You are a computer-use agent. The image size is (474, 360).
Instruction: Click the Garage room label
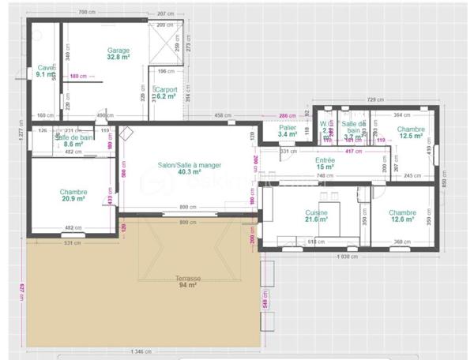coord(118,51)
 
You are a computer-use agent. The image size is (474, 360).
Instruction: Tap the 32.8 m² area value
coord(118,58)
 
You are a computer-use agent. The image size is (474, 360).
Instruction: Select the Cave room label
coord(46,68)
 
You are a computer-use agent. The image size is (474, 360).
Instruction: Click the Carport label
coord(167,90)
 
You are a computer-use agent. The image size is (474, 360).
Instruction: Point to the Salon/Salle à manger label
coord(189,165)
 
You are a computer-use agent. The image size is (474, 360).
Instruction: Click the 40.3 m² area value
coord(190,172)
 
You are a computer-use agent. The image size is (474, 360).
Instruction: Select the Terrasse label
coord(188,279)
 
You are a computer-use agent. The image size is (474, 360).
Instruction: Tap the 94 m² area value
coord(188,286)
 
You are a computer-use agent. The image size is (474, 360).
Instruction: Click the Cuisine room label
coord(317,212)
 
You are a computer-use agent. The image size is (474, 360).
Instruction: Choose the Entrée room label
coord(325,160)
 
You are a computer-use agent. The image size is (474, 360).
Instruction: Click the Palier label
coord(288,127)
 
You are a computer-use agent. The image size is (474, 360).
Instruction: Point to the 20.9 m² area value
coord(73,199)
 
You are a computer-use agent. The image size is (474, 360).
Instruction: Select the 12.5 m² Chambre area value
coord(412,136)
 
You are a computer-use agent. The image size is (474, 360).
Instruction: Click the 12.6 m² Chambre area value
coord(402,219)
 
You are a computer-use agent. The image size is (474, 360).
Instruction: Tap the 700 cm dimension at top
coord(88,14)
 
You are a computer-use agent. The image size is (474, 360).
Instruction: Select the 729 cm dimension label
coord(374,99)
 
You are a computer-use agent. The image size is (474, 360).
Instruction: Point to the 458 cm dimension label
coord(224,116)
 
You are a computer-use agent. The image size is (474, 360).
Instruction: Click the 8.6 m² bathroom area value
coord(73,144)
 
